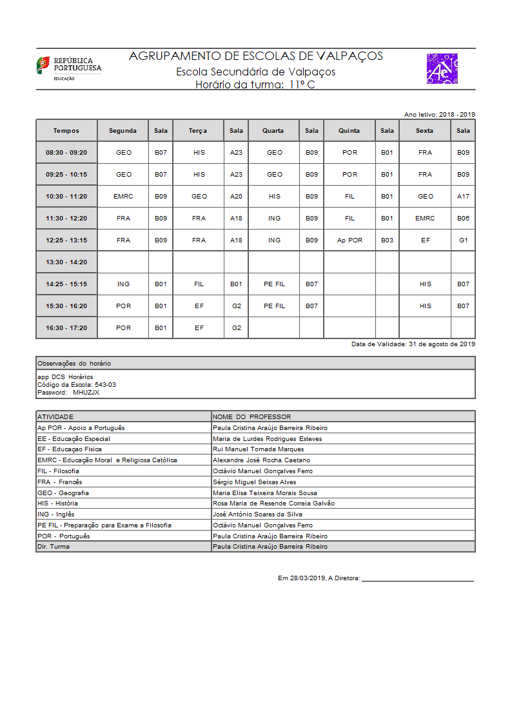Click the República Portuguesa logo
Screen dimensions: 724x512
coord(68,68)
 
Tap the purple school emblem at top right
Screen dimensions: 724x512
coord(442,69)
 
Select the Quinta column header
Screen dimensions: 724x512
coord(350,131)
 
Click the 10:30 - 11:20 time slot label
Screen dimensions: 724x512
coord(66,197)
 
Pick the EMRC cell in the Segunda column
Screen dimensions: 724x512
coord(123,197)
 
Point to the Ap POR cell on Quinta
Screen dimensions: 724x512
coord(350,240)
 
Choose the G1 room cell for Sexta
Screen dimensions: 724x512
coord(463,240)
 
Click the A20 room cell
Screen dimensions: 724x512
coord(236,197)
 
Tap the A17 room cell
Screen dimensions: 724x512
coord(463,197)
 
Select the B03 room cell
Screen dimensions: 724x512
coord(387,240)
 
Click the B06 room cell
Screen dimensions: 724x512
coord(463,219)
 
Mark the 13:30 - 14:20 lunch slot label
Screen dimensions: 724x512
coord(66,262)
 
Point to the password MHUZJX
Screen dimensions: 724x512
coord(86,392)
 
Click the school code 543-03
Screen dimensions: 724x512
coord(105,384)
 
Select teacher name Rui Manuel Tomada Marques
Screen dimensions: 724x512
coord(258,449)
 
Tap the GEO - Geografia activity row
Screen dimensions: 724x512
coord(63,493)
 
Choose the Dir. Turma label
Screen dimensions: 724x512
coord(54,547)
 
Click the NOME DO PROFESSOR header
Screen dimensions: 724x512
coord(251,416)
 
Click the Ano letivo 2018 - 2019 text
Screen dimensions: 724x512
coord(439,114)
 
